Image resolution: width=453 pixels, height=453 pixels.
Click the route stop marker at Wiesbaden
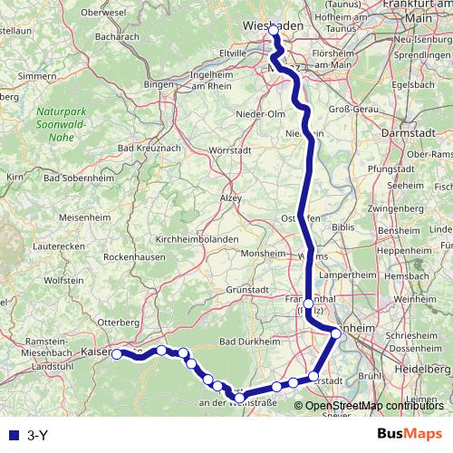[x=274, y=31]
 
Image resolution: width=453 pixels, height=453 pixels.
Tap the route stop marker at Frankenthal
[x=309, y=304]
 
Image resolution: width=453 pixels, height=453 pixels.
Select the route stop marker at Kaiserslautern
[x=116, y=354]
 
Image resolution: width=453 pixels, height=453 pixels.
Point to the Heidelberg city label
[x=416, y=371]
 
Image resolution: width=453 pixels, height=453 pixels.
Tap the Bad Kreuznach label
[x=149, y=148]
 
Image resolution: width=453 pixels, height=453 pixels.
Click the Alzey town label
[x=232, y=197]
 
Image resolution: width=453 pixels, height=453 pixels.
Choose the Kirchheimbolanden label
[x=198, y=239]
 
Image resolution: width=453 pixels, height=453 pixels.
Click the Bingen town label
[x=159, y=84]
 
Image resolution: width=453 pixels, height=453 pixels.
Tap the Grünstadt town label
[x=249, y=290]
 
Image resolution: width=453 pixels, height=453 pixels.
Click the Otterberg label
[x=120, y=323]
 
